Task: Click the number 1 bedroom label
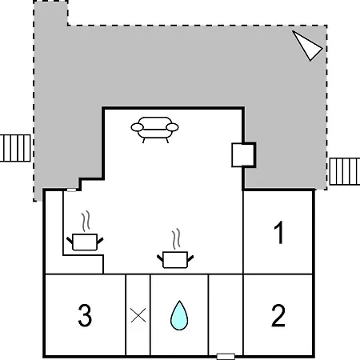pos(279,233)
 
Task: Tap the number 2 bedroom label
pos(278,315)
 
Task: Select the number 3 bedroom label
pos(85,315)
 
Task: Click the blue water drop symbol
pos(179,315)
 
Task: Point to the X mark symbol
pos(138,315)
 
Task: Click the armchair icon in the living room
pos(154,130)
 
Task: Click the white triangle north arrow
pos(307,46)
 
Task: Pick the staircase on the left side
pos(15,148)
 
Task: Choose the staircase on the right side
pos(345,171)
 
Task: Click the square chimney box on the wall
pos(244,155)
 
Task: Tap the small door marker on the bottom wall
pos(226,356)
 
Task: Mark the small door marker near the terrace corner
pos(71,190)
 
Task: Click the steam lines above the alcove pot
pos(86,221)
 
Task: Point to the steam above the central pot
pos(176,238)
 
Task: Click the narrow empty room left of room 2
pos(226,314)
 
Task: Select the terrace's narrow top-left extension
pos(50,14)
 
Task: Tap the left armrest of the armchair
pos(138,127)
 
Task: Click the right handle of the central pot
pos(190,258)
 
